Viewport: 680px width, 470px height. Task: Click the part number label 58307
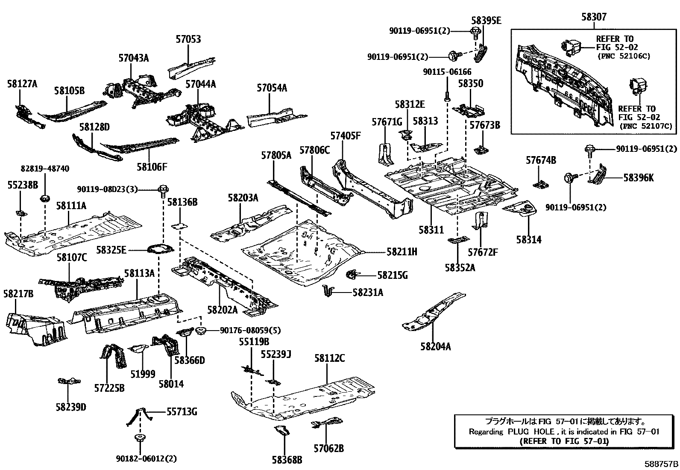pyautogui.click(x=594, y=18)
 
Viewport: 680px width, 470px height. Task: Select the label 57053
pyautogui.click(x=188, y=39)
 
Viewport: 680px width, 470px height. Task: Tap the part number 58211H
pyautogui.click(x=402, y=252)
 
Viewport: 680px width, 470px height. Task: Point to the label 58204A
pyautogui.click(x=435, y=346)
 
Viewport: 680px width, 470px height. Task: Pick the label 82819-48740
pyautogui.click(x=45, y=169)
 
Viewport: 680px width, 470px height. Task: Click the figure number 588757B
pyautogui.click(x=661, y=464)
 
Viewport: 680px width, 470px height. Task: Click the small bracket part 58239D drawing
pyautogui.click(x=70, y=381)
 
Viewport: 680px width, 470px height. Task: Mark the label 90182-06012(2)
pyautogui.click(x=146, y=458)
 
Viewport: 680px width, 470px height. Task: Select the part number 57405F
pyautogui.click(x=345, y=136)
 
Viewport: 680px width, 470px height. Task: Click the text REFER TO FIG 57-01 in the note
pyautogui.click(x=564, y=441)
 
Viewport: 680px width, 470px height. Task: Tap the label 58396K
pyautogui.click(x=638, y=177)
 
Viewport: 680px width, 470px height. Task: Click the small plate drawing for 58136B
pyautogui.click(x=179, y=225)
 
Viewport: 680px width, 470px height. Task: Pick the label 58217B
pyautogui.click(x=18, y=294)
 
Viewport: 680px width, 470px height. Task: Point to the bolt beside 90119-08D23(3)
pyautogui.click(x=163, y=191)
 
